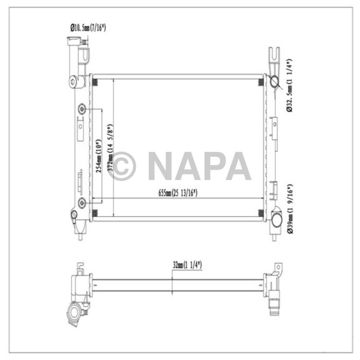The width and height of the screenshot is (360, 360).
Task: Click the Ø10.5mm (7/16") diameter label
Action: (x=87, y=27)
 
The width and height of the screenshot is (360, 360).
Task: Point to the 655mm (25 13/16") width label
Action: (x=178, y=193)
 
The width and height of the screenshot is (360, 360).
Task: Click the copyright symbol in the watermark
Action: (x=122, y=166)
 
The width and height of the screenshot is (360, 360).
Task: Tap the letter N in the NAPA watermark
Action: (x=164, y=166)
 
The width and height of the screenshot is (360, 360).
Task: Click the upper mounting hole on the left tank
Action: (x=82, y=110)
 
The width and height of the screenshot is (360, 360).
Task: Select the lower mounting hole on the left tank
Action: (x=82, y=201)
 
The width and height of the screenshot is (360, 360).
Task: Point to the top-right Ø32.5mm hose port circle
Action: (x=275, y=81)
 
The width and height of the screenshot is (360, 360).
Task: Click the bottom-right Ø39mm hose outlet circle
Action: (x=276, y=221)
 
